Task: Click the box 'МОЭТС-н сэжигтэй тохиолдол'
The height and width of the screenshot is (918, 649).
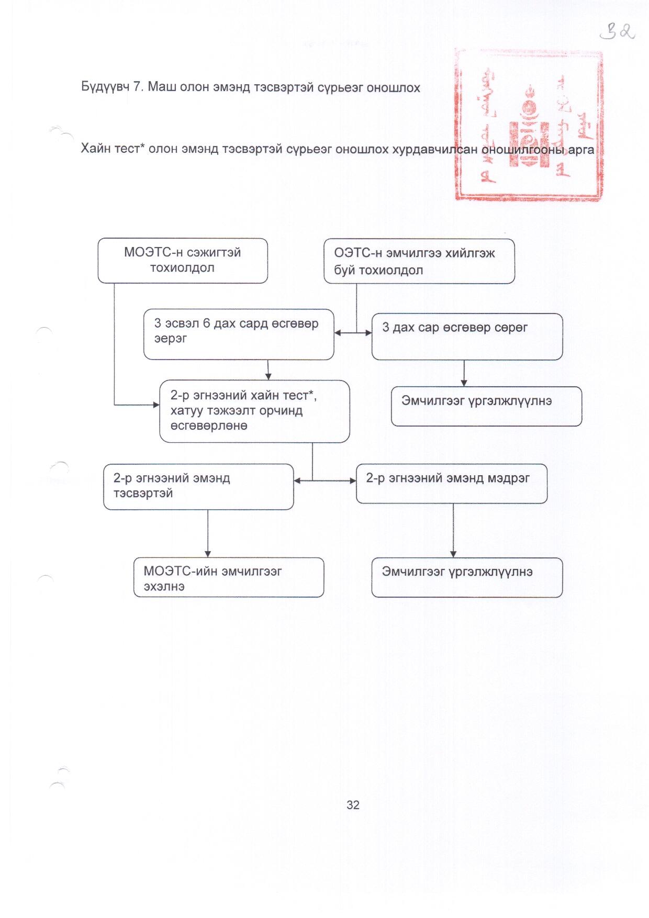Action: pyautogui.click(x=183, y=261)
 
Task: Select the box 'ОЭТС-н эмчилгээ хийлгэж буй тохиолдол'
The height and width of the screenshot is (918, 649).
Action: pyautogui.click(x=419, y=261)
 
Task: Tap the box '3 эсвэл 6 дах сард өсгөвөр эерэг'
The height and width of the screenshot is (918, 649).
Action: pyautogui.click(x=239, y=334)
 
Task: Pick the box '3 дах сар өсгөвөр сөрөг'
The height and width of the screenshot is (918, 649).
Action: pyautogui.click(x=467, y=337)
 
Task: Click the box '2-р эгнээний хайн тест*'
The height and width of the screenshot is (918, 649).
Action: pyautogui.click(x=254, y=411)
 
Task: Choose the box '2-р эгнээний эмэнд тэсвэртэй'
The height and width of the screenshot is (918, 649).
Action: pyautogui.click(x=198, y=487)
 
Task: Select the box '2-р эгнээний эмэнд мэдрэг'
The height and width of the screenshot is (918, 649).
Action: pyautogui.click(x=452, y=484)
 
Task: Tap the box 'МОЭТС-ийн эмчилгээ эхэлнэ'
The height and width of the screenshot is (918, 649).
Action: pyautogui.click(x=229, y=577)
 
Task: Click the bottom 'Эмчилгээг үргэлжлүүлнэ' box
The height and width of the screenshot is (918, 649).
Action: pyautogui.click(x=467, y=577)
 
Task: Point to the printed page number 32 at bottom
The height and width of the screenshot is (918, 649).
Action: pyautogui.click(x=353, y=805)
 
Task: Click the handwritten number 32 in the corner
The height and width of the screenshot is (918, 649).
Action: pyautogui.click(x=618, y=31)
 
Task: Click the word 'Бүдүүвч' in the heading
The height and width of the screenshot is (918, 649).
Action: pyautogui.click(x=105, y=87)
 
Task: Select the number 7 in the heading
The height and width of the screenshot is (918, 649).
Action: pyautogui.click(x=137, y=87)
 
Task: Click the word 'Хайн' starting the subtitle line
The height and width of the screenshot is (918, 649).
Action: pyautogui.click(x=95, y=149)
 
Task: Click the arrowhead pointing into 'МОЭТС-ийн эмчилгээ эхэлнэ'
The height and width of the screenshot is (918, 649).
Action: pyautogui.click(x=208, y=554)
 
